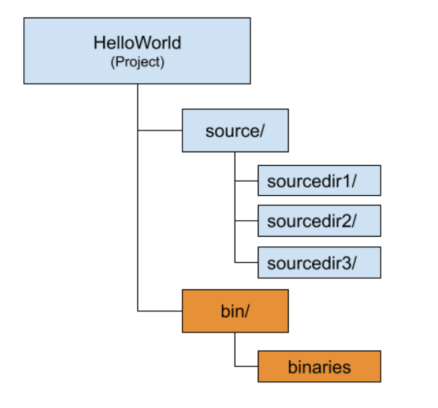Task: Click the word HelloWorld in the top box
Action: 137,43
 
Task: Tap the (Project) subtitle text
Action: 137,62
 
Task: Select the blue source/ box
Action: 235,131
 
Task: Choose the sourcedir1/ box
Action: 319,181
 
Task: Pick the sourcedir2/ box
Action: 319,221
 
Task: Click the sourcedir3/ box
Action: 319,262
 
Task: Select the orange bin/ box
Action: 235,311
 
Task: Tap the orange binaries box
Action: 319,367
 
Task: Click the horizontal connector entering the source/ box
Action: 160,131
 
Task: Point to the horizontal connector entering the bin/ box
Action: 160,311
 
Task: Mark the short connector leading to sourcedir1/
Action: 246,181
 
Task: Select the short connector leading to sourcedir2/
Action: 246,221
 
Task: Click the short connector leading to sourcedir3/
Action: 246,262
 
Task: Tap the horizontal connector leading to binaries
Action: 246,367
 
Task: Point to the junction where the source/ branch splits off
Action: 137,131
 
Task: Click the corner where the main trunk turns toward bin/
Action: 137,311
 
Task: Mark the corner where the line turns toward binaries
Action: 235,367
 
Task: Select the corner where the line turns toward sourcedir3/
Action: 235,262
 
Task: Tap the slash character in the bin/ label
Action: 247,311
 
